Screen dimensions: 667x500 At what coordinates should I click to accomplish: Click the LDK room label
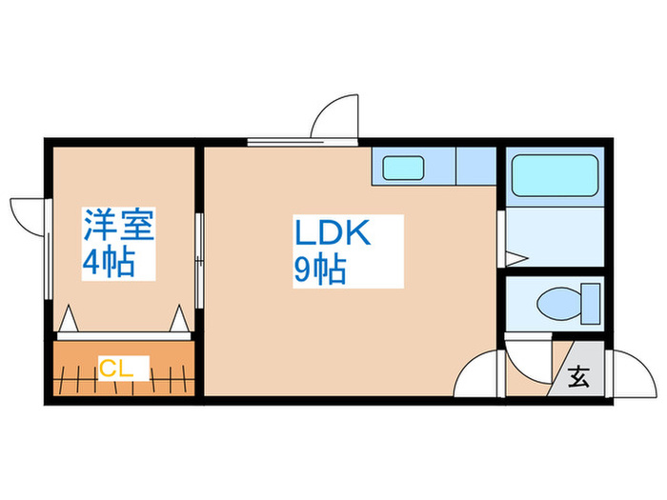333,232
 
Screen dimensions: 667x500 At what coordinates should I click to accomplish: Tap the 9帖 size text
320,270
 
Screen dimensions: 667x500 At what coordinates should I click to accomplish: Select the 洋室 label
119,225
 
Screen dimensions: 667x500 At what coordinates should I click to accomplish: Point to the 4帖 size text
109,261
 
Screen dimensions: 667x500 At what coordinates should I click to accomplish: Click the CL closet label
115,369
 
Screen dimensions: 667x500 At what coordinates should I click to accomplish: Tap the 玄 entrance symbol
579,376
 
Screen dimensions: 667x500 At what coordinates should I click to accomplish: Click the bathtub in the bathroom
555,175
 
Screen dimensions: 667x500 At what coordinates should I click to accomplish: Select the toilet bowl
558,304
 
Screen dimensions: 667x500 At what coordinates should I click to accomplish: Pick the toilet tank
591,304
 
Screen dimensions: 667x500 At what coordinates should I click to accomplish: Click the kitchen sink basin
403,168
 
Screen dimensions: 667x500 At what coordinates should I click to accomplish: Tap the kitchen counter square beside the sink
476,166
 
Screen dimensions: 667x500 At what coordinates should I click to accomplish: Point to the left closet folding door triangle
68,318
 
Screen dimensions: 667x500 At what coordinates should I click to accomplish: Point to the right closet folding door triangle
179,318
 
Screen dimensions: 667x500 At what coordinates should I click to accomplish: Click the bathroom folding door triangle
516,258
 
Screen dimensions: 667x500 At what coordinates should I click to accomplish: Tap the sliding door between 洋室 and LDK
199,261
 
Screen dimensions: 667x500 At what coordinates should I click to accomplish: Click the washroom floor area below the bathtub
555,237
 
